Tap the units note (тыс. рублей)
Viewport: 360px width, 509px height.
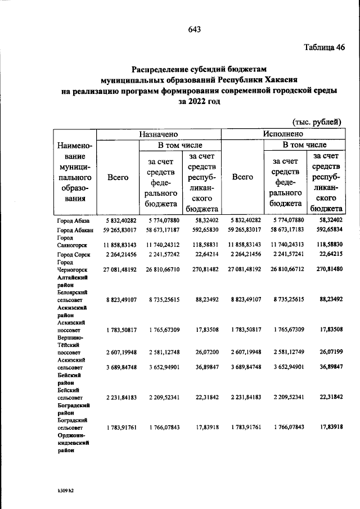point(317,121)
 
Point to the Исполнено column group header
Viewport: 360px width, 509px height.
point(283,134)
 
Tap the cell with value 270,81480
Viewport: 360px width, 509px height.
point(326,270)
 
